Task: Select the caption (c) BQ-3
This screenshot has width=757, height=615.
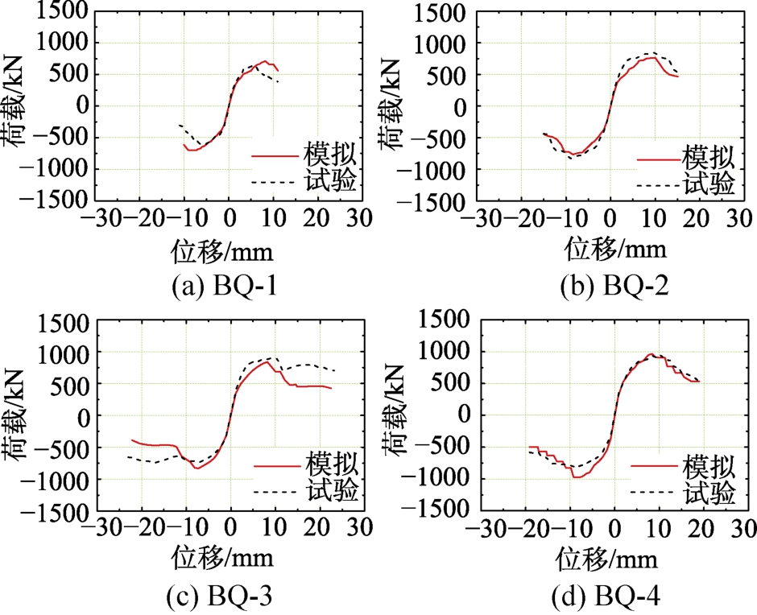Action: (x=221, y=596)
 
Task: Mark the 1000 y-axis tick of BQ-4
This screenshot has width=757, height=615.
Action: (x=445, y=352)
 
